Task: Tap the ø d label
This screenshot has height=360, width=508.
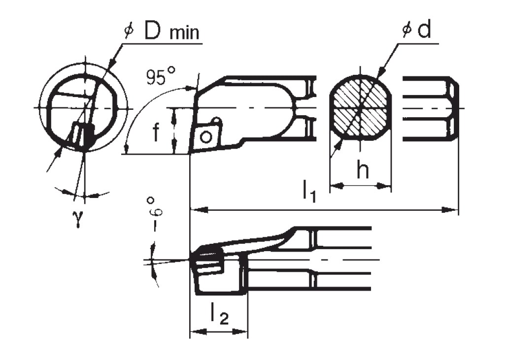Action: pos(416,31)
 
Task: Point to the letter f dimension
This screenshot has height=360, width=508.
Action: pos(156,132)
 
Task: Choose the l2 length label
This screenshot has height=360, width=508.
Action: pos(219,314)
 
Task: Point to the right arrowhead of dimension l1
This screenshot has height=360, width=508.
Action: pos(453,210)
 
